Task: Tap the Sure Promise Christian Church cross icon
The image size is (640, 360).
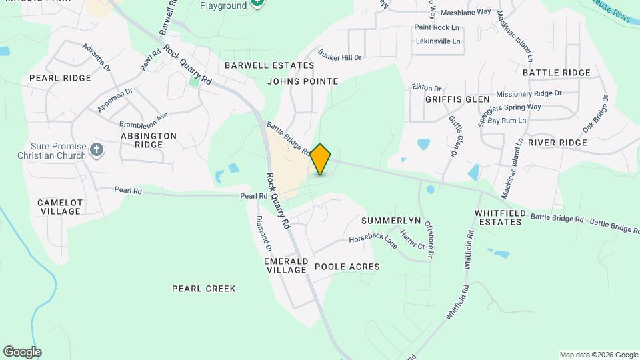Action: click(96, 149)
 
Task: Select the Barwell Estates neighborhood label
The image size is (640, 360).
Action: click(269, 65)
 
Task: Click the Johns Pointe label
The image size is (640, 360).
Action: click(303, 81)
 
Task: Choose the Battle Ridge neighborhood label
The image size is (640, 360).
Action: click(557, 73)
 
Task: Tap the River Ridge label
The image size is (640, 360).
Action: click(557, 143)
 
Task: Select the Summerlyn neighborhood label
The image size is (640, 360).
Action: click(391, 221)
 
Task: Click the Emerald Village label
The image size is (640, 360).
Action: click(285, 265)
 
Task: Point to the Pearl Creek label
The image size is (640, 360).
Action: click(204, 289)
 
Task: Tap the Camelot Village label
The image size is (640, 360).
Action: click(60, 207)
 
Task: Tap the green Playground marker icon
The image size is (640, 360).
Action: click(258, 4)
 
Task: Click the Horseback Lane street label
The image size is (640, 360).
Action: click(373, 239)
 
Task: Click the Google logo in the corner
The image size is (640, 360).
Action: click(22, 352)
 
